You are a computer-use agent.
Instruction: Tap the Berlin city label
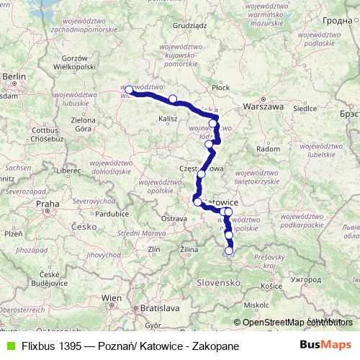[x=14, y=75]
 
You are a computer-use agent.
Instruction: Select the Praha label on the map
[x=48, y=204]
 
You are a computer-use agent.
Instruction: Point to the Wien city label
[x=112, y=297]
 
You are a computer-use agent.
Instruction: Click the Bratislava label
[x=158, y=307]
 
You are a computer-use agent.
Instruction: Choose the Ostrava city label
[x=174, y=218]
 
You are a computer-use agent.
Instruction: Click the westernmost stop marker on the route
[x=129, y=90]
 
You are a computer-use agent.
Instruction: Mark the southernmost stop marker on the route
[x=229, y=251]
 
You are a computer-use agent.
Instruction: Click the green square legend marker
[x=10, y=345]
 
